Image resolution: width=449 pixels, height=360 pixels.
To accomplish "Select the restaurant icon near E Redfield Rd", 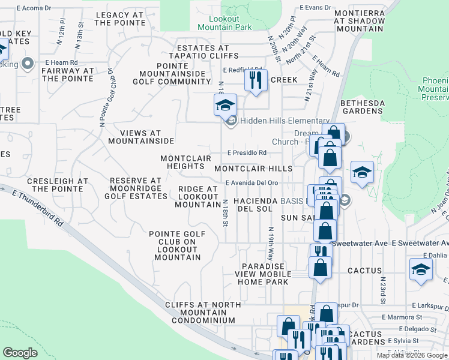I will coord(256,79).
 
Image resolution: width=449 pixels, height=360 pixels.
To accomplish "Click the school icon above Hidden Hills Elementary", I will coord(226,106).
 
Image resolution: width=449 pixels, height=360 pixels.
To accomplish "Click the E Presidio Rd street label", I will coord(247,152).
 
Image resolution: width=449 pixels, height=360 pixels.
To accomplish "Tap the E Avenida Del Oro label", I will coord(252,183).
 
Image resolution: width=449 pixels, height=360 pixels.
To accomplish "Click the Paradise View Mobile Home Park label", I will coord(266,274).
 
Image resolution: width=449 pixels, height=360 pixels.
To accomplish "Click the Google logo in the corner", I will coord(20,353).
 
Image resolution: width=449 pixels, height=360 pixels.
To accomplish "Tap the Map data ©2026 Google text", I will coord(412,355).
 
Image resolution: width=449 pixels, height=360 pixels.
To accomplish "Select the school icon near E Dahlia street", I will coord(421,270).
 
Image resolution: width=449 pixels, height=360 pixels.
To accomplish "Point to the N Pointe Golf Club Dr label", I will coord(106,97).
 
